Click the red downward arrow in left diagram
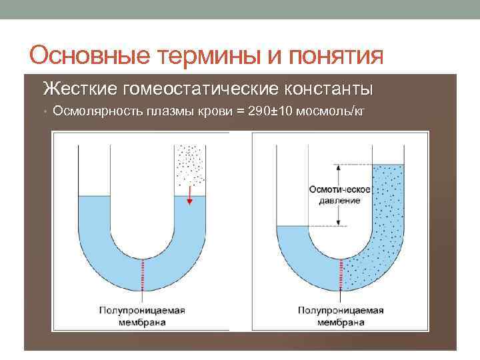tap(189, 195)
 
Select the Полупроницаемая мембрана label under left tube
tap(141, 316)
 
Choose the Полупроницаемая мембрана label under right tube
tap(340, 316)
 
